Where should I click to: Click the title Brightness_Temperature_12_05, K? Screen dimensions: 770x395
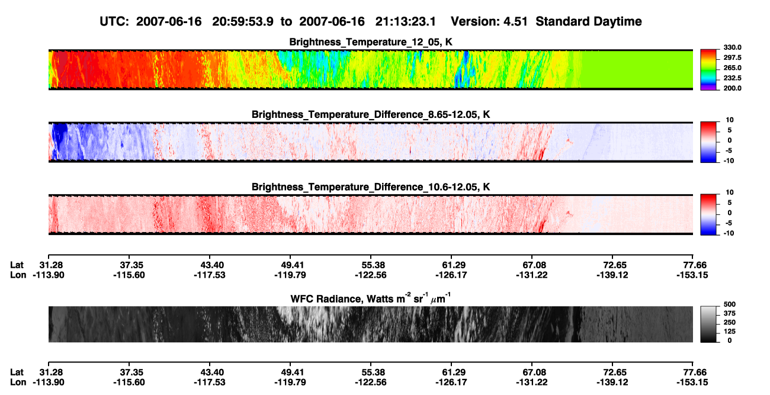pos(371,42)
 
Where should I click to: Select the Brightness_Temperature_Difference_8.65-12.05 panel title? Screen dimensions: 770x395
pos(371,114)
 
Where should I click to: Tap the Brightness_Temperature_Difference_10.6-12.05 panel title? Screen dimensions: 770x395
pos(371,187)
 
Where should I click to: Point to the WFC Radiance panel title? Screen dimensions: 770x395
pos(371,298)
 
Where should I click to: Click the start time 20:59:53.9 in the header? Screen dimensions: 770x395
pos(243,21)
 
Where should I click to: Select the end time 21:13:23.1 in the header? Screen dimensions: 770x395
pos(406,21)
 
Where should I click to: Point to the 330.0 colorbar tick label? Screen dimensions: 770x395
pos(732,47)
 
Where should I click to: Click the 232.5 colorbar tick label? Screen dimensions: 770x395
pos(732,78)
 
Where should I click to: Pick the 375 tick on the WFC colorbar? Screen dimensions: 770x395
pos(729,313)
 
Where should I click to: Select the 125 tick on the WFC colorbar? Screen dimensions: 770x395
pos(729,332)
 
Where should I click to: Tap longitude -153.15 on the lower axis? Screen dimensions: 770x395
pos(692,382)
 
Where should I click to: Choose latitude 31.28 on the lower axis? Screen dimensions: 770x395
pos(51,372)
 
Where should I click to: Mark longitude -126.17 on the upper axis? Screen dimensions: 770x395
pos(451,275)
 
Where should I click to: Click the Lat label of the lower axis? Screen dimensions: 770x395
pos(17,372)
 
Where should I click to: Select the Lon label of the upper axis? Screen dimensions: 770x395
pos(18,275)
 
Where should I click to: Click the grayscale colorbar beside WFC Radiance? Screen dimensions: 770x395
pos(708,325)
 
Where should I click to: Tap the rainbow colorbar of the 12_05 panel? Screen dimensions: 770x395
pos(708,70)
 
